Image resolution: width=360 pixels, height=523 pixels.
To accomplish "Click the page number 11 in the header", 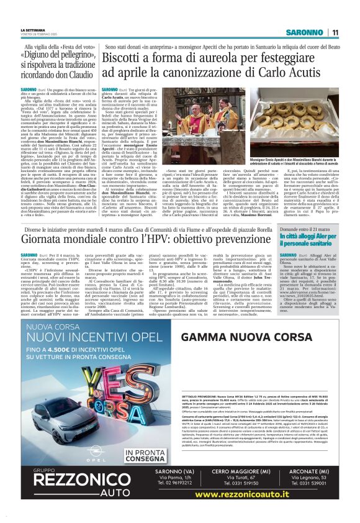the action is pos(335,32).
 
